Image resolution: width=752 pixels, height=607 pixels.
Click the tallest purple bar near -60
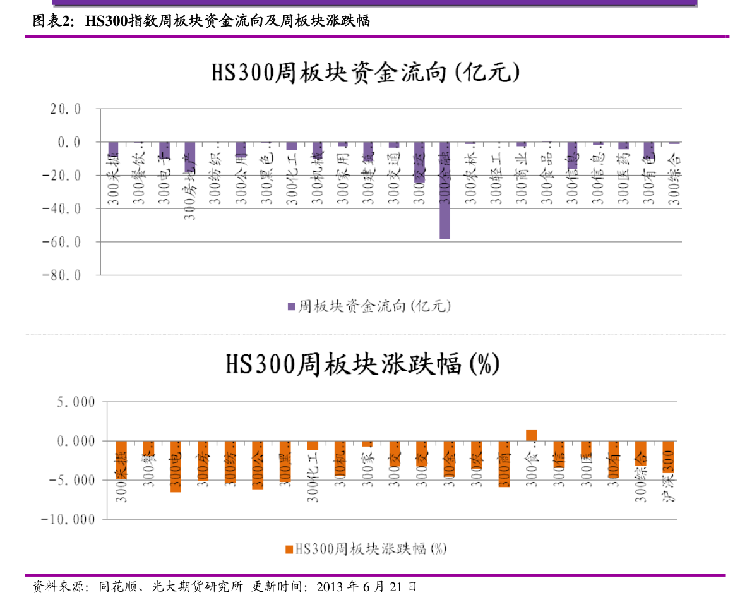click(x=445, y=191)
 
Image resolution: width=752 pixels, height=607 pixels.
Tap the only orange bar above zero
click(x=532, y=435)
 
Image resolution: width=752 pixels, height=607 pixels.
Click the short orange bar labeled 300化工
click(x=313, y=445)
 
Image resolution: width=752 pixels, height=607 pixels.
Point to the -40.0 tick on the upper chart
click(x=61, y=208)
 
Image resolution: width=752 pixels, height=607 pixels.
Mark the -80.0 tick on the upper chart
click(x=61, y=275)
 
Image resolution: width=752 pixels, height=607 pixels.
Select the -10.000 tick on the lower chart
click(x=68, y=519)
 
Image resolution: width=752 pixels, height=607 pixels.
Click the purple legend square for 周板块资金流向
click(x=291, y=306)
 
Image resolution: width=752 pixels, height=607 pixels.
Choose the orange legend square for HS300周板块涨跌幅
click(x=289, y=549)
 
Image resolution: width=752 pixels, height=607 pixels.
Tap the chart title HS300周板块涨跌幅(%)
click(x=362, y=364)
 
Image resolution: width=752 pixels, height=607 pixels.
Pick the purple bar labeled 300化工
click(x=292, y=146)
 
